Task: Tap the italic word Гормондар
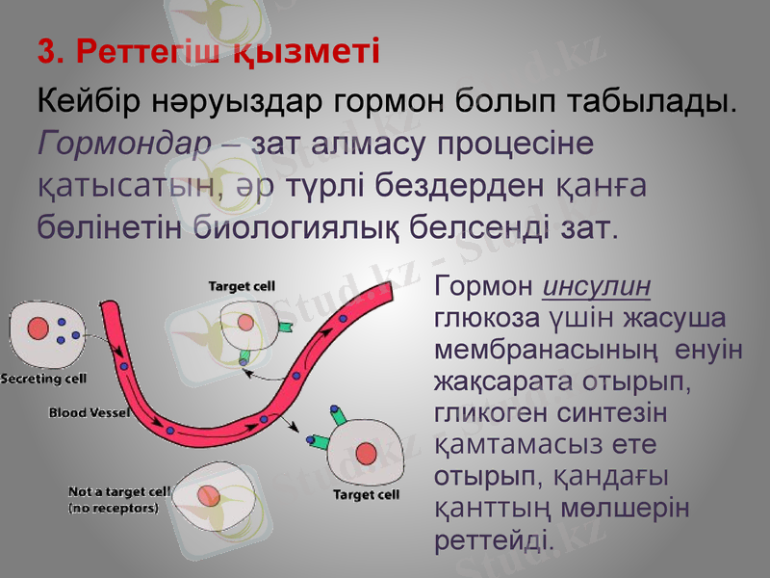pyautogui.click(x=123, y=144)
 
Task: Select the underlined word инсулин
pyautogui.click(x=598, y=286)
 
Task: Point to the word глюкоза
pyautogui.click(x=485, y=319)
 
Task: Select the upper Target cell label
pyautogui.click(x=243, y=286)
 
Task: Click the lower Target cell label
pyautogui.click(x=367, y=495)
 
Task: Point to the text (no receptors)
pyautogui.click(x=114, y=508)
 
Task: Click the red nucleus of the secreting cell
pyautogui.click(x=38, y=328)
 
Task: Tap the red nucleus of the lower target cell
pyautogui.click(x=366, y=454)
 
